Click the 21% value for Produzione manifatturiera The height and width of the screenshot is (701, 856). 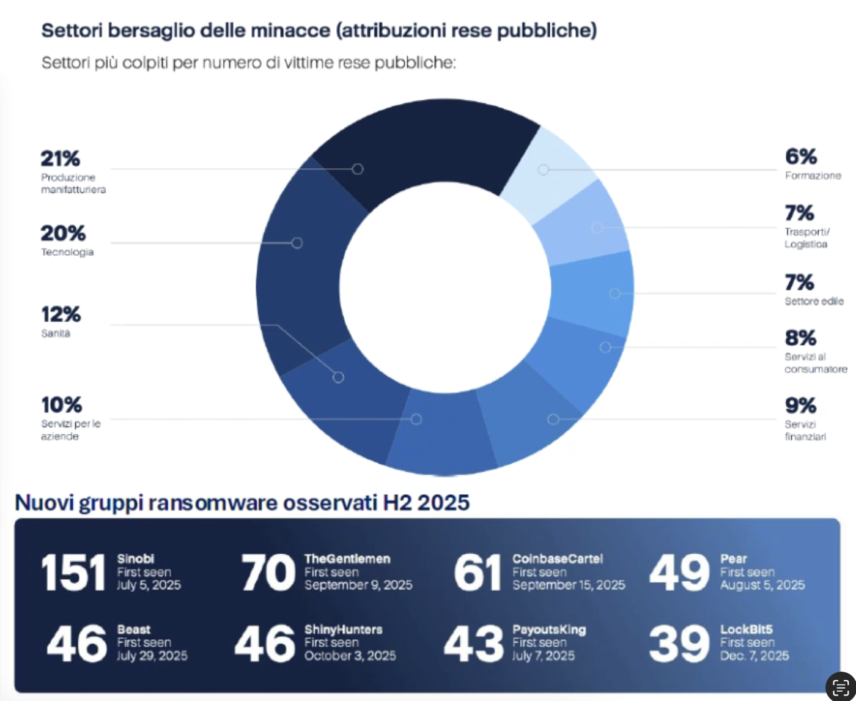point(60,158)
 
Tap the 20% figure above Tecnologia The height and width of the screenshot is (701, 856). point(63,233)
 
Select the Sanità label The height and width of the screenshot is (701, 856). point(56,333)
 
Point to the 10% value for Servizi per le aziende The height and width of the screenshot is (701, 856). point(61,405)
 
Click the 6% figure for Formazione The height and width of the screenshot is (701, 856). point(801,157)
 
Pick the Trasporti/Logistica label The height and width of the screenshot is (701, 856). point(806,238)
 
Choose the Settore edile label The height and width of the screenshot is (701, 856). point(814,301)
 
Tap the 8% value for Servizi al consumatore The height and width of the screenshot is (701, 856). point(800,338)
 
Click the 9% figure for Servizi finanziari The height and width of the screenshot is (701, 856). point(800,406)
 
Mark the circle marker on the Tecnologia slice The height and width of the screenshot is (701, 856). point(297,243)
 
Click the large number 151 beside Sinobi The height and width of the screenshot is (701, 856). point(73,573)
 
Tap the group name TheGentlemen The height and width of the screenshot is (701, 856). point(347,558)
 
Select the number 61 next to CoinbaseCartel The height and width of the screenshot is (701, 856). point(477,573)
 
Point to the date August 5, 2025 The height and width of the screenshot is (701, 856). point(762,585)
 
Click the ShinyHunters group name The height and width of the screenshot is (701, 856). point(343,629)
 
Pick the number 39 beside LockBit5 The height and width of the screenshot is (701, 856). point(679,644)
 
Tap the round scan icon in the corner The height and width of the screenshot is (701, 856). point(840,686)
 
